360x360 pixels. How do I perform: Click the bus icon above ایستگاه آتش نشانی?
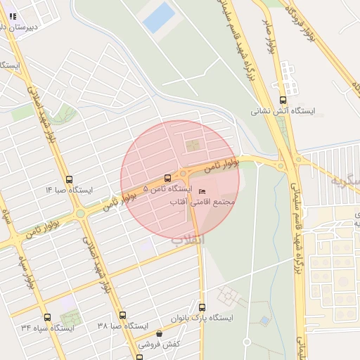click(283, 100)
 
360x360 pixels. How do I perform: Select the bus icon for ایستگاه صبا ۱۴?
click(69, 179)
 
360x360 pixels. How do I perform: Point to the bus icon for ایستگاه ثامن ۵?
click(167, 178)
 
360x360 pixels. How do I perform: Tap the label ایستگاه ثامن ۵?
click(167, 189)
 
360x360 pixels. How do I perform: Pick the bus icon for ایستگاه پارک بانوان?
click(202, 307)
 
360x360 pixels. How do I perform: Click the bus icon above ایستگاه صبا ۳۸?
click(123, 316)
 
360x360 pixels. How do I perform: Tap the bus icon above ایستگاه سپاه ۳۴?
click(47, 317)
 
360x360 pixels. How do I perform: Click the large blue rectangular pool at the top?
click(159, 18)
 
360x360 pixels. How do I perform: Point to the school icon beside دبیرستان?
click(13, 15)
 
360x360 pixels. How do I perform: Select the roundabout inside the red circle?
click(184, 173)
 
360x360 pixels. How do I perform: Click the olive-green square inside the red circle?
click(191, 146)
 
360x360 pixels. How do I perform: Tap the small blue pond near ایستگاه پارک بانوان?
click(264, 321)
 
